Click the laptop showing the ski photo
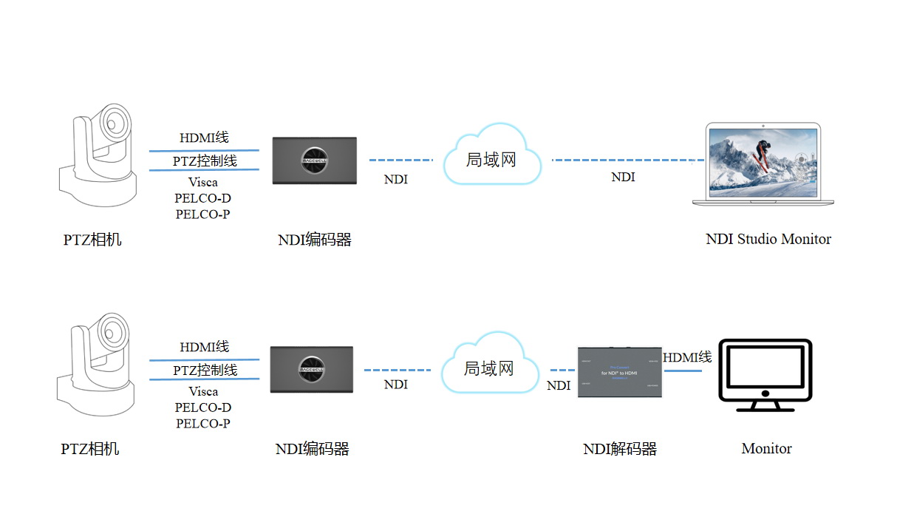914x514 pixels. coord(763,163)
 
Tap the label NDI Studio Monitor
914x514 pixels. coord(768,239)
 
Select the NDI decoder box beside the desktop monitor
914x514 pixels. coord(619,372)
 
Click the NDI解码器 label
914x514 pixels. coord(619,449)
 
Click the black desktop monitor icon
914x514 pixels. coord(765,375)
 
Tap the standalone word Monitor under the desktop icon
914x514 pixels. coord(766,448)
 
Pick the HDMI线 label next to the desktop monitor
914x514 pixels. coord(687,358)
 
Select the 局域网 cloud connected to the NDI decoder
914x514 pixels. coord(488,368)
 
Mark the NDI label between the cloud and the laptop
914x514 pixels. coord(623,177)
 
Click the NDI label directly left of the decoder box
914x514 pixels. coord(559,386)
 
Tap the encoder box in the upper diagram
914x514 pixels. coord(315,160)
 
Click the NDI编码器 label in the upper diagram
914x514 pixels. coord(314,240)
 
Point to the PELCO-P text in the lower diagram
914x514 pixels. coord(203,424)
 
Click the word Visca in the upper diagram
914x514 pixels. coord(203,182)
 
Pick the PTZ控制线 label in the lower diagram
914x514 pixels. coord(205,370)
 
